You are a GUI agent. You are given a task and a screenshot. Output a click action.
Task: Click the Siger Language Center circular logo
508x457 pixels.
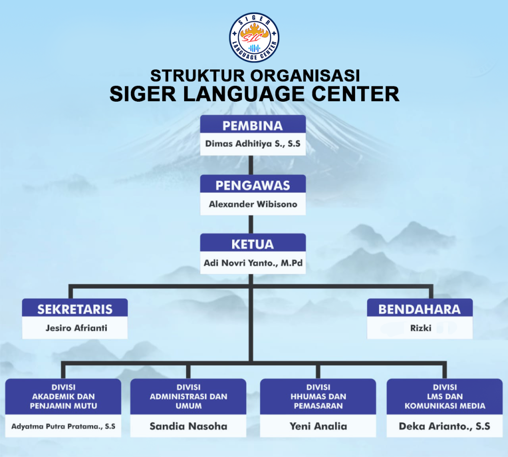coord(254,38)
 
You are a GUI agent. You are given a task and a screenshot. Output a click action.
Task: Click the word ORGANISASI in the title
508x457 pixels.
coord(305,75)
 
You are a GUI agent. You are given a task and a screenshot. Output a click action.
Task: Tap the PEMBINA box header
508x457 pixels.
coord(253,124)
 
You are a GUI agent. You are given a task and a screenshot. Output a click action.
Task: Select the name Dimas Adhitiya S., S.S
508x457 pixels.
coord(253,143)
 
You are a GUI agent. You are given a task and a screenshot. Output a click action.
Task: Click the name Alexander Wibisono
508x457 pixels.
coord(253,204)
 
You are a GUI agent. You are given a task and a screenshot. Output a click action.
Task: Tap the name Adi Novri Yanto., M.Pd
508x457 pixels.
coord(253,263)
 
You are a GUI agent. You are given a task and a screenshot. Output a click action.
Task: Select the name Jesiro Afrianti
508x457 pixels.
coord(76,328)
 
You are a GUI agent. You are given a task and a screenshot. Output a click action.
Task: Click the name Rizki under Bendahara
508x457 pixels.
coord(421,328)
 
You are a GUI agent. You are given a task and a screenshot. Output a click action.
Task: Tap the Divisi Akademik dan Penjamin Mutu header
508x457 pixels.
coord(63,396)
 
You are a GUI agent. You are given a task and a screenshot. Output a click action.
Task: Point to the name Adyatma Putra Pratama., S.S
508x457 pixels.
coord(63,426)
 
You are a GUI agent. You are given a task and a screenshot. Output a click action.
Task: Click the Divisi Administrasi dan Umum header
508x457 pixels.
coord(188,396)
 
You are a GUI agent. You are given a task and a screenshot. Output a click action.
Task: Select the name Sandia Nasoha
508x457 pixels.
coord(188,426)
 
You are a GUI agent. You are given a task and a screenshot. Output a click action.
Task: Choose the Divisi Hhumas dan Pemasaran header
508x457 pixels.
coord(318,396)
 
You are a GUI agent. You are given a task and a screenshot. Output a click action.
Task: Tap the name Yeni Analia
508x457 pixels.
coord(318,426)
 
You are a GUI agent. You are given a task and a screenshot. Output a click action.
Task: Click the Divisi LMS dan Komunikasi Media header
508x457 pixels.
coord(445,396)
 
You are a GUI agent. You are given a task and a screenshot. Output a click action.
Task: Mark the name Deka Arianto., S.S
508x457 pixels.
coord(444,426)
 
